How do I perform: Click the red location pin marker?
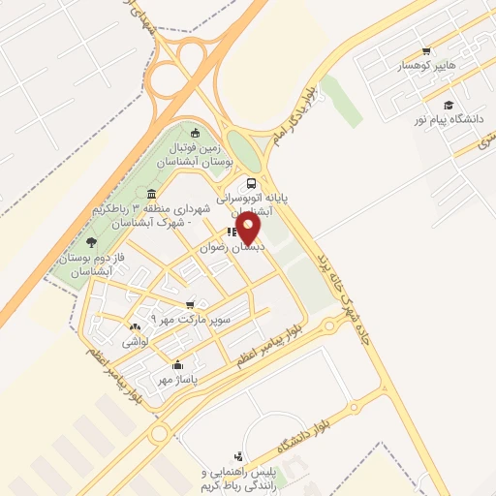point(249,228)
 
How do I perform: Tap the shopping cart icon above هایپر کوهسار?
point(425,51)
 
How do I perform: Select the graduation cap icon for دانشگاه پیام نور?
point(448,106)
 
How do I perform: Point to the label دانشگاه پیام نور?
point(449,120)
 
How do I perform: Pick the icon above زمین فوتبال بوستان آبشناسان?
point(196,133)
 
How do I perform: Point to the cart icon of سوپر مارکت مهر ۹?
point(191,304)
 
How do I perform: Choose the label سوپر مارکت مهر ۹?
point(191,319)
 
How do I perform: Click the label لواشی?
point(133,343)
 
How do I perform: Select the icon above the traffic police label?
point(238,455)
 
